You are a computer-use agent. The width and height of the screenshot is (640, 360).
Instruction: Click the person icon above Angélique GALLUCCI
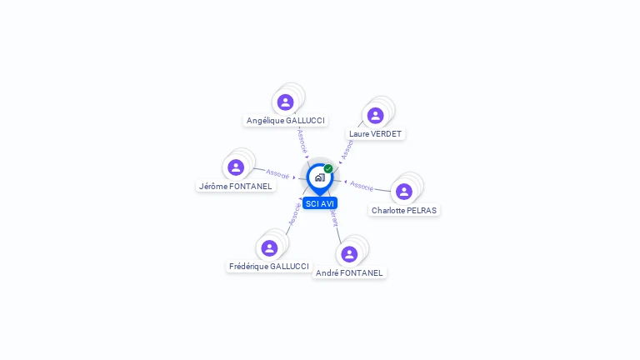pyautogui.click(x=286, y=102)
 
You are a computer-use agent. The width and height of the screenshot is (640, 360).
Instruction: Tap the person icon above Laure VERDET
pyautogui.click(x=375, y=116)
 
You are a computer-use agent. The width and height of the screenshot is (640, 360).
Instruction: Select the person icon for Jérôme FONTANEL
pyautogui.click(x=236, y=167)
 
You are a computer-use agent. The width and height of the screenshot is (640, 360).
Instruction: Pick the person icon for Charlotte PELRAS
pyautogui.click(x=404, y=192)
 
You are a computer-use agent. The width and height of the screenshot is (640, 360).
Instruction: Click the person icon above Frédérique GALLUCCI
pyautogui.click(x=269, y=247)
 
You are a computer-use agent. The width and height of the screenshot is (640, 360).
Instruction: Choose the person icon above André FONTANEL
pyautogui.click(x=349, y=254)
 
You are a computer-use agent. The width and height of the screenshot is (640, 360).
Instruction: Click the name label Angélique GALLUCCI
pyautogui.click(x=286, y=121)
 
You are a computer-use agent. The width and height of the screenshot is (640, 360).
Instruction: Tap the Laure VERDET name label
pyautogui.click(x=376, y=134)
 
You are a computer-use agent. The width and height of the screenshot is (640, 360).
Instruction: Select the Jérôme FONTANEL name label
pyautogui.click(x=236, y=187)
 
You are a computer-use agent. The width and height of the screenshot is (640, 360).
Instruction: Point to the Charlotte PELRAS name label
pyautogui.click(x=404, y=211)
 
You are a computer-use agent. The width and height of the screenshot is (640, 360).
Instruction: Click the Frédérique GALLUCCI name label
pyautogui.click(x=269, y=267)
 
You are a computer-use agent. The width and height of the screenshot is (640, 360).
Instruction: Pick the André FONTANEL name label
pyautogui.click(x=349, y=272)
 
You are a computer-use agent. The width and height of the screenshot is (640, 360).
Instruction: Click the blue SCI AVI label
pyautogui.click(x=320, y=203)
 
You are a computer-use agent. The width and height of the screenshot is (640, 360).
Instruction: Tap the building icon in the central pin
pyautogui.click(x=319, y=177)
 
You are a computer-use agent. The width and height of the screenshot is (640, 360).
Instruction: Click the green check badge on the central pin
pyautogui.click(x=328, y=169)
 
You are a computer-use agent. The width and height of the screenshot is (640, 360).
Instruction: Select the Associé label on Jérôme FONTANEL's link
pyautogui.click(x=277, y=174)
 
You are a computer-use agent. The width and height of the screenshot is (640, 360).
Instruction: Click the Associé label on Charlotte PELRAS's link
pyautogui.click(x=362, y=185)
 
